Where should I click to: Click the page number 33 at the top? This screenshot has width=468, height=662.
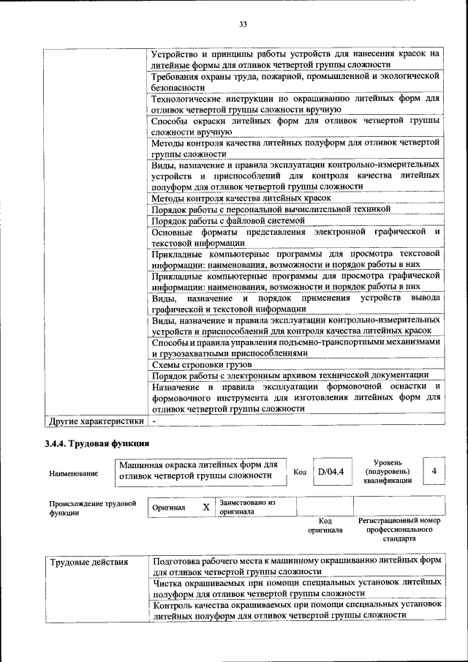(243, 24)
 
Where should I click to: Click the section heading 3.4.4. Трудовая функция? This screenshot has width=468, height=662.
(97, 443)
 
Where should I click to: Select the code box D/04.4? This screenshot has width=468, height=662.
(331, 471)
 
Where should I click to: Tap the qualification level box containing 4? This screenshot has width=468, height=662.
(434, 471)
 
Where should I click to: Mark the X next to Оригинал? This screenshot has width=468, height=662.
(206, 507)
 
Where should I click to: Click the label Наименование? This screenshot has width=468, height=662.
(73, 473)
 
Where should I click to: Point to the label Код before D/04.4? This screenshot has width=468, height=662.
(299, 472)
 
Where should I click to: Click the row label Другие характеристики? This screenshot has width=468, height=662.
(95, 421)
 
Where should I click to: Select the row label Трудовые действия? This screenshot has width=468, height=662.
(88, 562)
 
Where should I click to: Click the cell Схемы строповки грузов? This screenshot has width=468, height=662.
(202, 364)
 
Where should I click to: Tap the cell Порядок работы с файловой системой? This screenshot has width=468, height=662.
(227, 220)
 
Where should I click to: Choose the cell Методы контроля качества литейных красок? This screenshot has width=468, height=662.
(241, 198)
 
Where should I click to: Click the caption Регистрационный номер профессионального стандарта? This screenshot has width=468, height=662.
(399, 529)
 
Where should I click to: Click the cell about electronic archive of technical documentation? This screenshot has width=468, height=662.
(290, 375)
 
